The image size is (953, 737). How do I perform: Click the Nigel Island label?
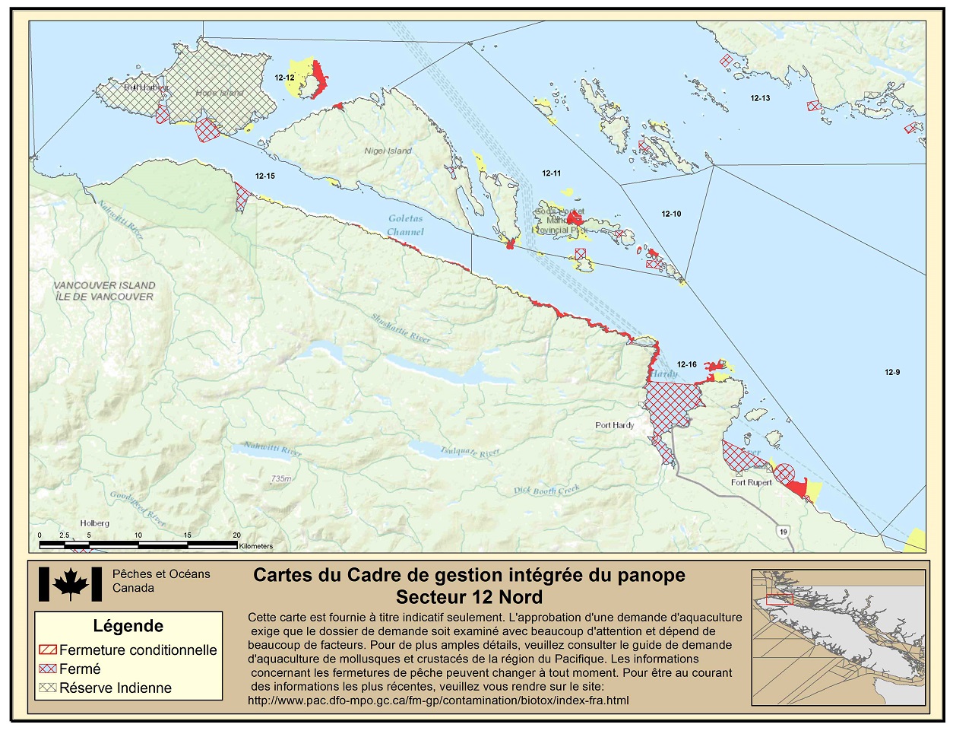(x=388, y=151)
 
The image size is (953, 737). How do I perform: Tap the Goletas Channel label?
(x=405, y=225)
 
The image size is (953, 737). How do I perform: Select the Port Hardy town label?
(x=614, y=425)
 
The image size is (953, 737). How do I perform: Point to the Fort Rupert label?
(x=751, y=482)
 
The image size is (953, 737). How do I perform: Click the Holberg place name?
(x=94, y=523)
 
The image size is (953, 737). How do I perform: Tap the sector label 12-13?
(x=760, y=98)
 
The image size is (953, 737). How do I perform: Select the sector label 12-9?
(x=892, y=372)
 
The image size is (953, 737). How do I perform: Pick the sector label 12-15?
(x=264, y=176)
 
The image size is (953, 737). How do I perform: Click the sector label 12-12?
(x=284, y=78)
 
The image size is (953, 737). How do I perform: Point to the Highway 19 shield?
(x=784, y=532)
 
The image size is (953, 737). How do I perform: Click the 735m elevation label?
(x=280, y=478)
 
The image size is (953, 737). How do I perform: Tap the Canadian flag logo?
(x=70, y=584)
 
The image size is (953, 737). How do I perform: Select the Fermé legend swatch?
(x=47, y=669)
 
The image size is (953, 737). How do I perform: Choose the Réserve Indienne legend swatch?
(x=47, y=688)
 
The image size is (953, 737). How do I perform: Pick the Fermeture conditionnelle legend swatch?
(x=47, y=650)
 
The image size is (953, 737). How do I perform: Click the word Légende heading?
(x=128, y=626)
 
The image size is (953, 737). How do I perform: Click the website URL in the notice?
(x=438, y=700)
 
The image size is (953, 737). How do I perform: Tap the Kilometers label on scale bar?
(x=255, y=546)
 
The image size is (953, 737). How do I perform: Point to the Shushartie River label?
(x=401, y=327)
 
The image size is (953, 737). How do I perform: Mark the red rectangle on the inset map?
(x=779, y=599)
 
